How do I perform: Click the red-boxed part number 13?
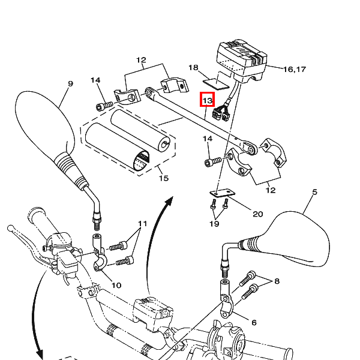(208, 100)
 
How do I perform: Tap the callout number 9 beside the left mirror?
(70, 83)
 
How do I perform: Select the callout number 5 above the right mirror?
(314, 192)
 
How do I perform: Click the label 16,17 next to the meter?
(295, 69)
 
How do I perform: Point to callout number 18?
(193, 67)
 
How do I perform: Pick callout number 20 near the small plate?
(257, 214)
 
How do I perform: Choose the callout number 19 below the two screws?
(214, 224)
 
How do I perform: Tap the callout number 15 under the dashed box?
(164, 178)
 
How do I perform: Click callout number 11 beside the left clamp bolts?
(142, 223)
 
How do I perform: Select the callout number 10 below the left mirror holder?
(116, 285)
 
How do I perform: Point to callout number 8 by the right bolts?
(277, 281)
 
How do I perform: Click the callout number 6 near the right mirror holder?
(254, 323)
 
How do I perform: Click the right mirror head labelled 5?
(298, 239)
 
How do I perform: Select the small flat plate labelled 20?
(222, 193)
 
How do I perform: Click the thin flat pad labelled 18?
(216, 84)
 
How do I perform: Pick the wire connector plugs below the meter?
(221, 114)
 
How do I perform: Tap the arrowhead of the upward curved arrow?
(169, 202)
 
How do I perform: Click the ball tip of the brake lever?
(10, 228)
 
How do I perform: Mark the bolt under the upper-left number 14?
(104, 106)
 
